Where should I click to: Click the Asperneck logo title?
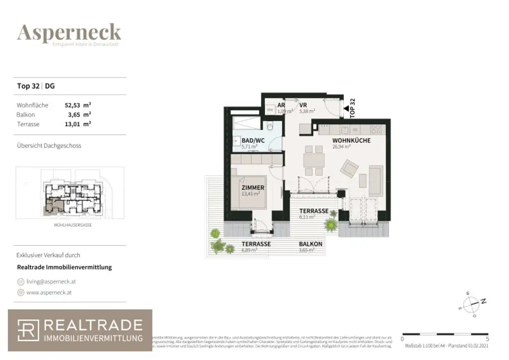click(69, 32)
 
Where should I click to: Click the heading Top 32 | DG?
click(36, 86)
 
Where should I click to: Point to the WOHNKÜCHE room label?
click(351, 141)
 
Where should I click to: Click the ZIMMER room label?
click(253, 187)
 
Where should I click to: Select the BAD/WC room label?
click(254, 141)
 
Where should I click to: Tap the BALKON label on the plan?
click(310, 244)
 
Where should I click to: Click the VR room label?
click(303, 105)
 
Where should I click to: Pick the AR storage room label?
click(281, 105)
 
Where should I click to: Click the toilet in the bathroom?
click(269, 125)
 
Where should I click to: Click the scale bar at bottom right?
click(437, 334)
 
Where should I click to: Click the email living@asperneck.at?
click(51, 281)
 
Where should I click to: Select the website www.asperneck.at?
click(49, 292)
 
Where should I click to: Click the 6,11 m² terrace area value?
click(304, 217)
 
